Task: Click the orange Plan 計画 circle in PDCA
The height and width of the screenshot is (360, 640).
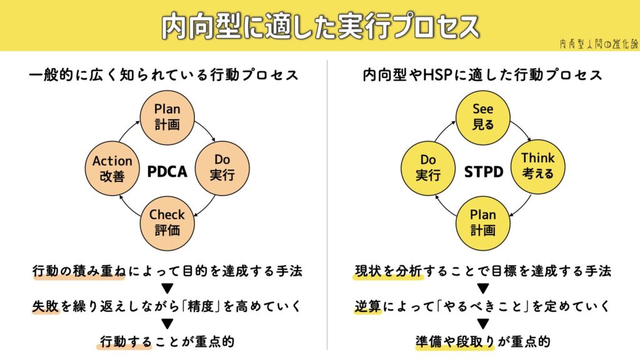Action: [x=167, y=117]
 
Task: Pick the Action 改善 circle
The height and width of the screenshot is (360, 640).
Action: [x=112, y=169]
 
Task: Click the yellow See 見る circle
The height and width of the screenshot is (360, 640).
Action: [x=482, y=117]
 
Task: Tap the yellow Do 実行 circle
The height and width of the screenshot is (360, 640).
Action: [x=427, y=169]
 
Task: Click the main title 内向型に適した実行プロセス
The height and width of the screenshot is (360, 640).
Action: [x=320, y=26]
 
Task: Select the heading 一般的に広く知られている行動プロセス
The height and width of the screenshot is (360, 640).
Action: [x=164, y=75]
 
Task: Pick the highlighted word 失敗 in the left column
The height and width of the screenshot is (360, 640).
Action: [x=46, y=306]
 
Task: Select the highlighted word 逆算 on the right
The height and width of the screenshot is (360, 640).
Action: [x=367, y=306]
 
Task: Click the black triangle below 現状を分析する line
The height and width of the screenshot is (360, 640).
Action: [x=482, y=289]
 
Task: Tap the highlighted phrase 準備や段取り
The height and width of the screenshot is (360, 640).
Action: [x=454, y=341]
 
